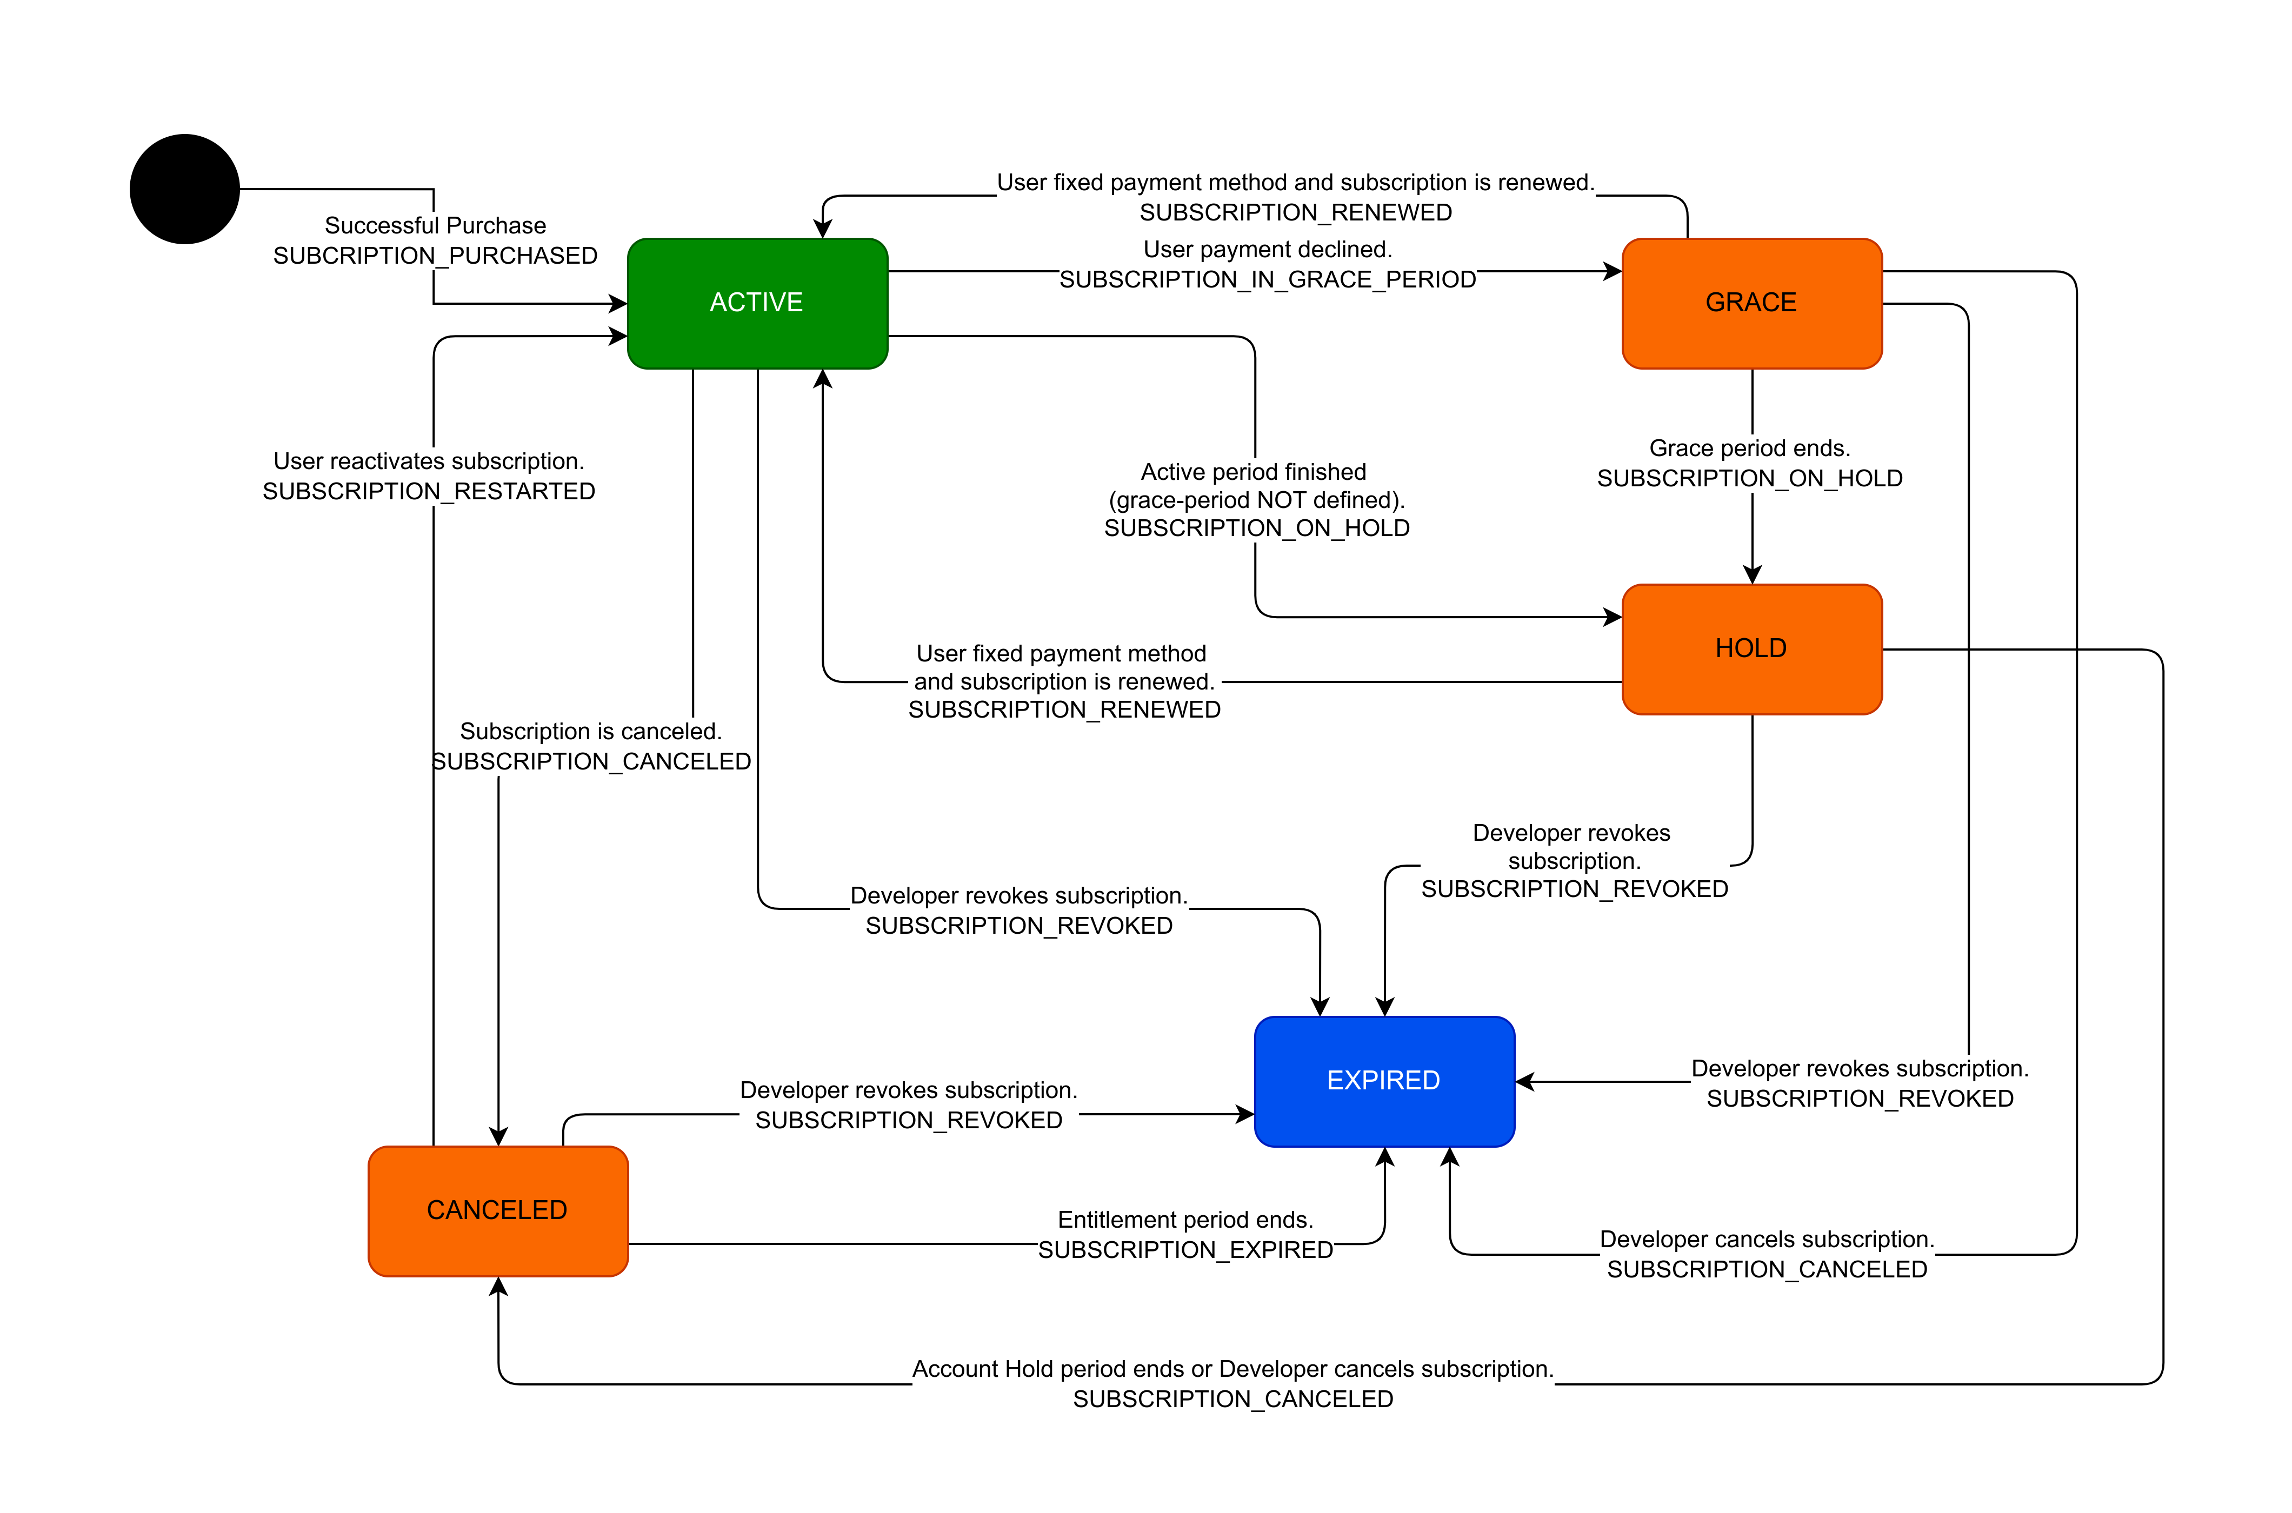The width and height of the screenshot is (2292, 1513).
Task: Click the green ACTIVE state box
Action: tap(757, 303)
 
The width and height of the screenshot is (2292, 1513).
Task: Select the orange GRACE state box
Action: tap(1751, 303)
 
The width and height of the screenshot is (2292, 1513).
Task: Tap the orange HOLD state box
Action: tap(1751, 648)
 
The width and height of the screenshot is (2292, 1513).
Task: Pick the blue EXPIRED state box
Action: tap(1384, 1081)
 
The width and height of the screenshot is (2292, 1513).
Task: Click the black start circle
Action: tap(184, 189)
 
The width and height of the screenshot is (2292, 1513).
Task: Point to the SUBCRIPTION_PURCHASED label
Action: tap(435, 256)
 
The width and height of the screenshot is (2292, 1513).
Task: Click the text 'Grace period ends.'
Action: tap(1750, 448)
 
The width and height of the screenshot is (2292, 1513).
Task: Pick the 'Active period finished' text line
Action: tap(1254, 472)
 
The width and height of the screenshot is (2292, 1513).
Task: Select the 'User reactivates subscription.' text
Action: tap(429, 461)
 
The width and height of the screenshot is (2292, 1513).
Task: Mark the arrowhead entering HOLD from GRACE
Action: tap(1753, 575)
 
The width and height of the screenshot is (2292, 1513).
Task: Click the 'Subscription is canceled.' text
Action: tap(591, 732)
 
